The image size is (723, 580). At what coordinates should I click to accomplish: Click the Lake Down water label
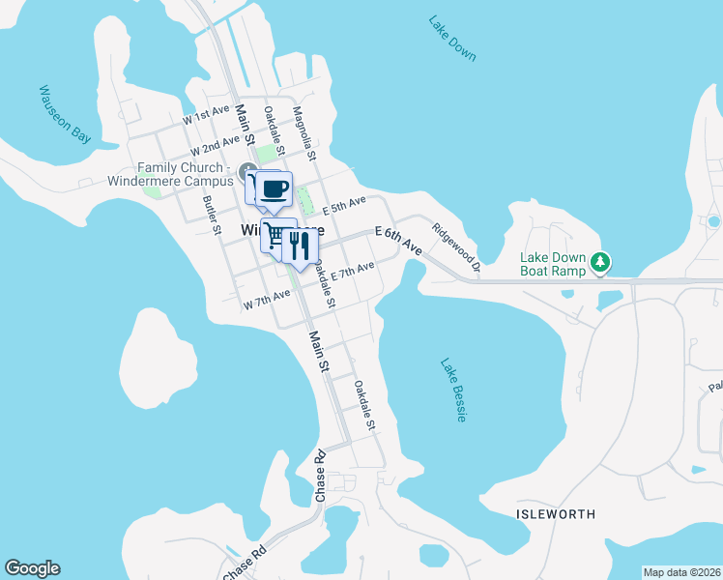452,39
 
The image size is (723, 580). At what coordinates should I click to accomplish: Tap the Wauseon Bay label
65,114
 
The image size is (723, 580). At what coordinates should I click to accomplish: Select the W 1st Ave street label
206,116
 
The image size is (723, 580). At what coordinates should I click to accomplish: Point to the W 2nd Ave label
215,146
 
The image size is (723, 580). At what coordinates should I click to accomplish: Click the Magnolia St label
304,133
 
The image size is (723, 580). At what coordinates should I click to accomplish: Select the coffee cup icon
275,187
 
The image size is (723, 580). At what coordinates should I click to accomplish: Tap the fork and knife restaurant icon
300,246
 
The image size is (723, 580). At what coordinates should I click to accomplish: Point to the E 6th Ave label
399,241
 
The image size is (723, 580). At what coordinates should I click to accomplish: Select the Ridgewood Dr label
456,246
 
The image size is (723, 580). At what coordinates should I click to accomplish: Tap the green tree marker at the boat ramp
600,261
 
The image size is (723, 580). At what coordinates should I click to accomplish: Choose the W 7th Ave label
267,299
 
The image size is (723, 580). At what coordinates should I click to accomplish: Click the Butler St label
212,215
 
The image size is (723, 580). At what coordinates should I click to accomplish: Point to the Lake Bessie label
455,391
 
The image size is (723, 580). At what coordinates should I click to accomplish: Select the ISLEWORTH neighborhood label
556,514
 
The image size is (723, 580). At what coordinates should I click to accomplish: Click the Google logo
32,568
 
